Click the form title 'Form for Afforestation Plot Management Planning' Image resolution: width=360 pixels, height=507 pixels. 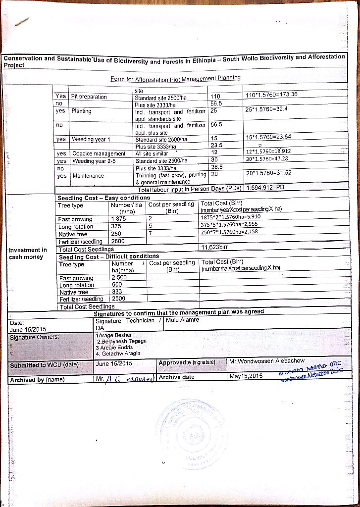(175, 78)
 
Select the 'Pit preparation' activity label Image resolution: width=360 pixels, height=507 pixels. (89, 97)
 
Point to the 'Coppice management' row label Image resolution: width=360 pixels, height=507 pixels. (99, 154)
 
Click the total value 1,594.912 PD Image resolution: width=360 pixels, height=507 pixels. (265, 189)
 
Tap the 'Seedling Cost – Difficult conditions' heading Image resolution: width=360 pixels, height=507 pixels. (109, 256)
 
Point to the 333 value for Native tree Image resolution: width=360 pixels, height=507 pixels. (117, 292)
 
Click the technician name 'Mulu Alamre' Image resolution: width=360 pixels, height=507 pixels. (183, 320)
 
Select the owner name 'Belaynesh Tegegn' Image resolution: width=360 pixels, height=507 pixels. (122, 341)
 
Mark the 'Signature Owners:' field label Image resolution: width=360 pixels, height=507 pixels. (31, 337)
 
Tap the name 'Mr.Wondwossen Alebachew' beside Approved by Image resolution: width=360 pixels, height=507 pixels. (267, 361)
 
